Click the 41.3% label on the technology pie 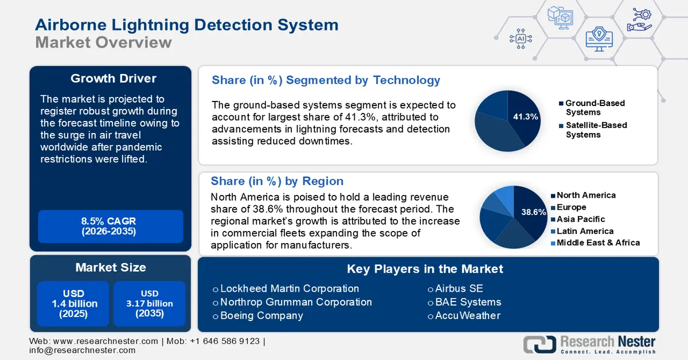click(526, 117)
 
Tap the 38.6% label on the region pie click(533, 212)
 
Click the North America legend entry click(585, 195)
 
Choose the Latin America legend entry click(585, 231)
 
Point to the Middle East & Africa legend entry click(597, 242)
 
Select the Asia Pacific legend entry click(580, 219)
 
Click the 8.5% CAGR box click(110, 226)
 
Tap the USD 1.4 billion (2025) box click(73, 304)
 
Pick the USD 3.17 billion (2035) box click(149, 304)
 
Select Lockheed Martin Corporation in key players click(290, 288)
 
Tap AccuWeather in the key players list click(467, 316)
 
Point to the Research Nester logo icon click(539, 344)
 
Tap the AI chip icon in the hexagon click(521, 38)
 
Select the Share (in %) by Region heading click(277, 181)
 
